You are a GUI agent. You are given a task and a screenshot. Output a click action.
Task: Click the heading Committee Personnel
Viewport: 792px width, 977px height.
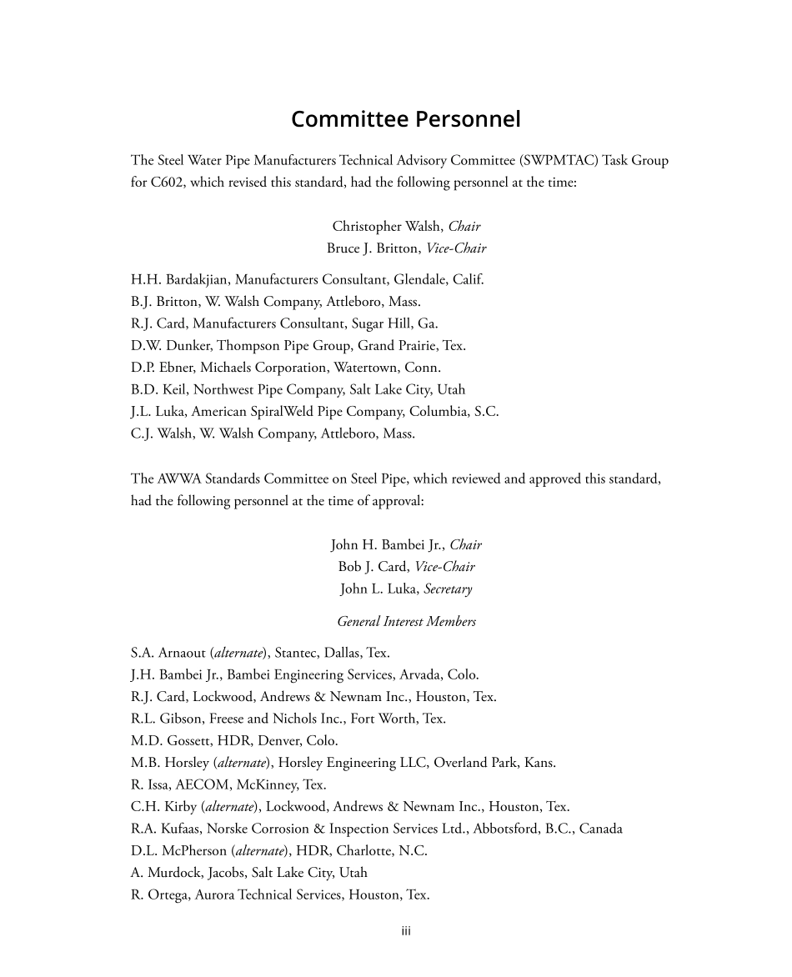coord(406,119)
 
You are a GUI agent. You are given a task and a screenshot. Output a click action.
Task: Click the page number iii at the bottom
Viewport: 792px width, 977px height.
coord(406,931)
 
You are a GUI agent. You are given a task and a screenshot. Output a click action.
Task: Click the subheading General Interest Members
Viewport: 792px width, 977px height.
coord(406,621)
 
